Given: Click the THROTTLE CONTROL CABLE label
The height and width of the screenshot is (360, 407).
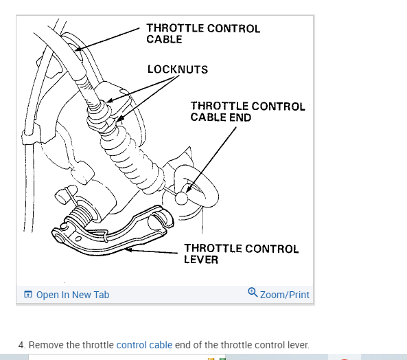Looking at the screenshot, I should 203,34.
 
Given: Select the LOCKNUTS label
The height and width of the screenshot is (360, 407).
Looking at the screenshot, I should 177,69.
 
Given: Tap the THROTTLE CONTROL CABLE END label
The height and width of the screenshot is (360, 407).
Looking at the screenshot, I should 247,111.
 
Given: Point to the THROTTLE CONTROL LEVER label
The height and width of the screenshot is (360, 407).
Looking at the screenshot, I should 241,254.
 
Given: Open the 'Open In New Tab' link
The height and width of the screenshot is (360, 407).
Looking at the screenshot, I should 72,295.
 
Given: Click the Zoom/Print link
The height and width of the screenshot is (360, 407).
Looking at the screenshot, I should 285,295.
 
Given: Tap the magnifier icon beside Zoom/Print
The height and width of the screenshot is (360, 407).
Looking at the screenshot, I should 253,293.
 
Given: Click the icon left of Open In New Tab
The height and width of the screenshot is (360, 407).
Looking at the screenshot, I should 28,295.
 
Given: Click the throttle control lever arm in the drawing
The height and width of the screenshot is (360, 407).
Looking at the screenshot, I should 110,237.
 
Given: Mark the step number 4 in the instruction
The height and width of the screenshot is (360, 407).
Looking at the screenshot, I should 21,344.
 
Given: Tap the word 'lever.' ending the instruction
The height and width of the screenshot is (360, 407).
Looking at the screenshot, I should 296,344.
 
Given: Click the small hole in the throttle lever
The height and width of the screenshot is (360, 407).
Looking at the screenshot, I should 78,238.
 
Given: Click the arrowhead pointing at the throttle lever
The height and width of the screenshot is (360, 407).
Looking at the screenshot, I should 128,250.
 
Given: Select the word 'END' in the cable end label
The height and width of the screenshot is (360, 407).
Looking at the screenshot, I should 240,117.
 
